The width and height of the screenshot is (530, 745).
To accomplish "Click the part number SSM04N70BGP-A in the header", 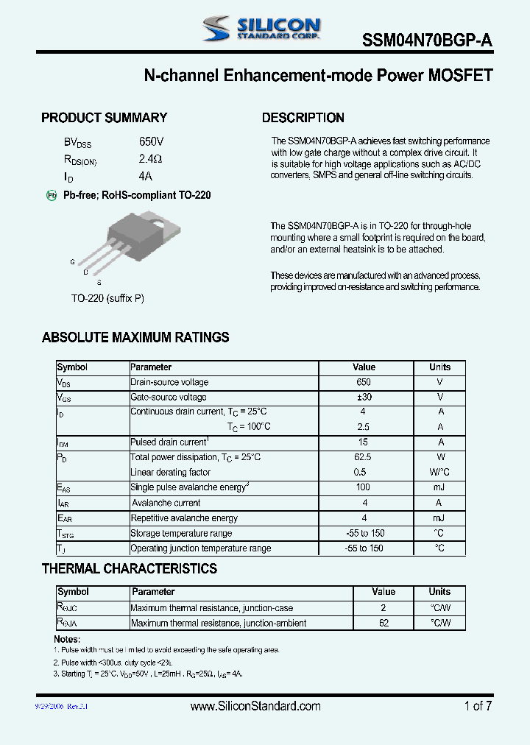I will tap(427, 41).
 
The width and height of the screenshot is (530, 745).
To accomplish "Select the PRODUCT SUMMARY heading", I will tap(104, 118).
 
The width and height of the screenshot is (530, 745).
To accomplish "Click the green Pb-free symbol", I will tap(52, 195).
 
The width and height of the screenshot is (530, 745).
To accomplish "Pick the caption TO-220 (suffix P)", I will tap(107, 298).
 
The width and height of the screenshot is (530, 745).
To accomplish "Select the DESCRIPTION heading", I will tap(303, 118).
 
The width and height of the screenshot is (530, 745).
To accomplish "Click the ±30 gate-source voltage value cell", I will tap(364, 397).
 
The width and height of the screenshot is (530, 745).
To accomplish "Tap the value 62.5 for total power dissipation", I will tap(364, 457).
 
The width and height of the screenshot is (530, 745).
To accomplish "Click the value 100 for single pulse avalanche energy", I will tap(364, 487).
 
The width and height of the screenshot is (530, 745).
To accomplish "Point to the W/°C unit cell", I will tap(440, 473).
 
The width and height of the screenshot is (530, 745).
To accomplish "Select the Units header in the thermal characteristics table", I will tap(439, 592).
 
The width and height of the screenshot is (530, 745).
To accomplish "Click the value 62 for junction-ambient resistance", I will tap(384, 623).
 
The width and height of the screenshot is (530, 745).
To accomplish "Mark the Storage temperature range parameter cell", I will tap(181, 533).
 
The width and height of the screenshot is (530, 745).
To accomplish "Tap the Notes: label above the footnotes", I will tap(67, 639).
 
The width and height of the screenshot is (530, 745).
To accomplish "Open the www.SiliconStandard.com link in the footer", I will tap(255, 706).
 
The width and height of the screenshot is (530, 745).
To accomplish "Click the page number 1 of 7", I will tap(478, 706).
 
